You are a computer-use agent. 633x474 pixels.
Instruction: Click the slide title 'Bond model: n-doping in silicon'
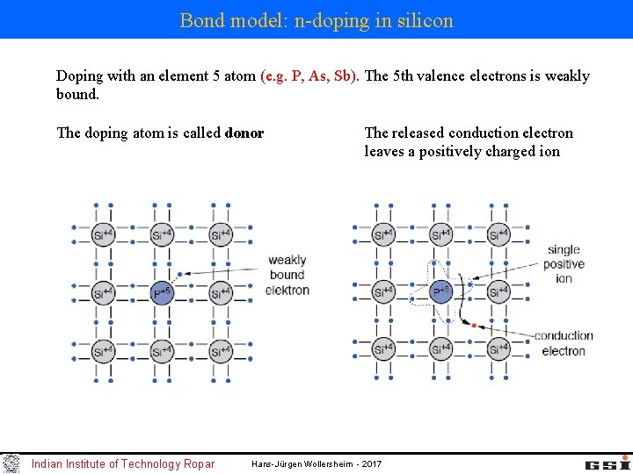[x=316, y=19]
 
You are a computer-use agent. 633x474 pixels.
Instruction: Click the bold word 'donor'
[x=244, y=133]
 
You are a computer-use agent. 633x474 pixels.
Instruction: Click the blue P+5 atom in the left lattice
[x=162, y=293]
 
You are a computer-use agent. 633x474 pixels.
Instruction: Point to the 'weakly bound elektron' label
[x=287, y=275]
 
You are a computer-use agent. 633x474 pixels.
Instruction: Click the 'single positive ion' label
[x=564, y=263]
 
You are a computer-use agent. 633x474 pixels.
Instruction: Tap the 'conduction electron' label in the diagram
[x=564, y=343]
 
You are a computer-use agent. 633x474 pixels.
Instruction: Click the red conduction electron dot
[x=473, y=326]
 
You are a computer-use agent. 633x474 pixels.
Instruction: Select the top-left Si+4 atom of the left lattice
[x=104, y=234]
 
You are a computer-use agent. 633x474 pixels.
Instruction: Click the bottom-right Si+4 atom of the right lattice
[x=498, y=349]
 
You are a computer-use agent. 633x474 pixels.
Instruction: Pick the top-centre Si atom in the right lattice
[x=441, y=234]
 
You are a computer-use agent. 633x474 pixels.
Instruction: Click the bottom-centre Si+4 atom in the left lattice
[x=162, y=351]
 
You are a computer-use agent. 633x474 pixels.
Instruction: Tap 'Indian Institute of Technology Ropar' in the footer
[x=123, y=463]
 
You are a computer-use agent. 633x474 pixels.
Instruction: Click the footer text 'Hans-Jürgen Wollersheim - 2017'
[x=316, y=463]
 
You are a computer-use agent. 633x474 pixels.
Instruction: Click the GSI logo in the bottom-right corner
[x=608, y=463]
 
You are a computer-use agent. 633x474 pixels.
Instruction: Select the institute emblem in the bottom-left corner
[x=11, y=463]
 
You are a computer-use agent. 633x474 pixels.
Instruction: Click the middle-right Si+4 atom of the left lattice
[x=220, y=293]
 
